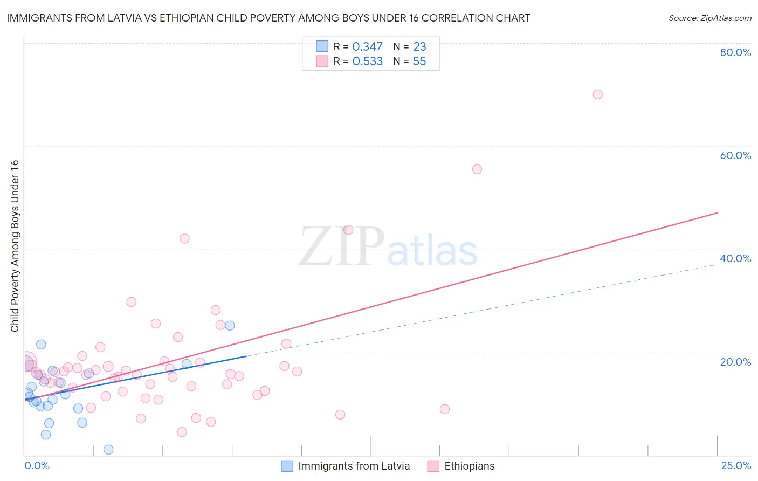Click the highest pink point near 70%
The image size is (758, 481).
pos(597,94)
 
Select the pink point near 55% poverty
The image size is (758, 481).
pos(477,169)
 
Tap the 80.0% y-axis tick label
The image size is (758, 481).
pos(735,52)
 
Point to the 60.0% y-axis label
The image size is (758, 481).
pos(735,155)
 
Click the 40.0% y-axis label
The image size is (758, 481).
pos(735,258)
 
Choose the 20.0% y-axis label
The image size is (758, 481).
pos(735,362)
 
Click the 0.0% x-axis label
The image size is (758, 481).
pos(37,465)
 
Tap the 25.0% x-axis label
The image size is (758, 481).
pos(736,465)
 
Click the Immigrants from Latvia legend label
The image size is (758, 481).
pos(354,466)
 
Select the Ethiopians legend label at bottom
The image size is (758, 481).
pos(469,466)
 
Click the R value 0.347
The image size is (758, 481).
pos(367,47)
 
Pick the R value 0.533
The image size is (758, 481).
pos(367,61)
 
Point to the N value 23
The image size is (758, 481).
pos(419,47)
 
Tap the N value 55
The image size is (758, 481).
pos(419,61)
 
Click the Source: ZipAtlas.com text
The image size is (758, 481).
pos(709,18)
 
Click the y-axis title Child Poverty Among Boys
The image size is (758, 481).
pos(15,246)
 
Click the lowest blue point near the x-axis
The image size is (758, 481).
pos(108,449)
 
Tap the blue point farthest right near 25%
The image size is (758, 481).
pos(230,325)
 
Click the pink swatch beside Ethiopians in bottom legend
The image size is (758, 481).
pos(433,466)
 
